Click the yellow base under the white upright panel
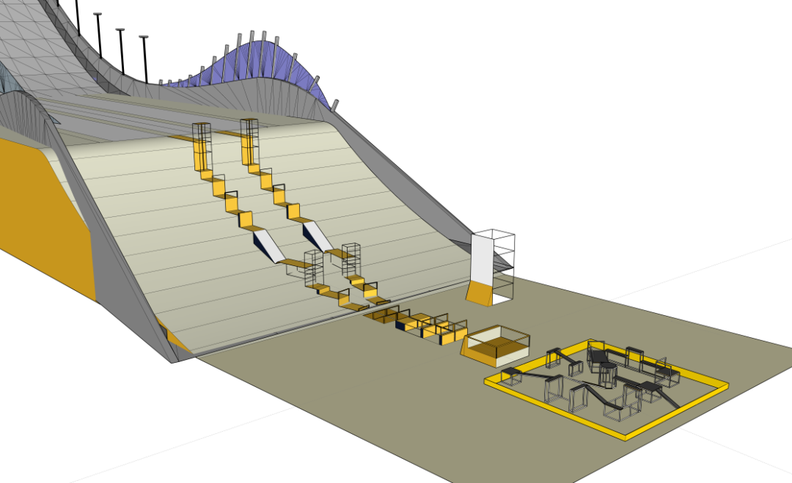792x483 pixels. click(x=479, y=293)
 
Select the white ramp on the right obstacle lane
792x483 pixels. click(x=318, y=235)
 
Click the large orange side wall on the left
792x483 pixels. click(x=44, y=213)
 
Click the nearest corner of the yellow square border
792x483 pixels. click(x=625, y=436)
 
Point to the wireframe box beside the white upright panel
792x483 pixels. click(x=502, y=287)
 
